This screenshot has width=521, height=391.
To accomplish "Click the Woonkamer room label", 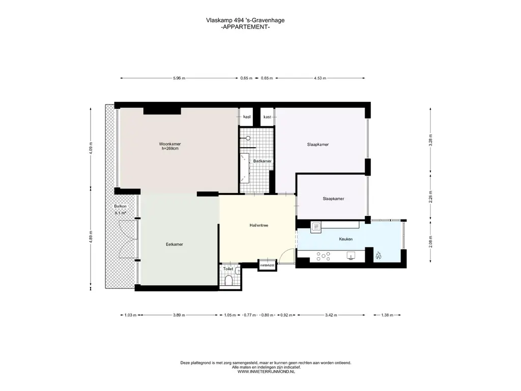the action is coord(170,144).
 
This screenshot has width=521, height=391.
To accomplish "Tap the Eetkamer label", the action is coord(175,244).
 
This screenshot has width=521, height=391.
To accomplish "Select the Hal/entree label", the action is coord(259,226).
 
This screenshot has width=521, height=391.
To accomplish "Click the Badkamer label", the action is coord(262,161).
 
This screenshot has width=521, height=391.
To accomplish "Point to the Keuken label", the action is coord(346,239).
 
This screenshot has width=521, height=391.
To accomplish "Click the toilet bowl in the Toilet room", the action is coord(228,281).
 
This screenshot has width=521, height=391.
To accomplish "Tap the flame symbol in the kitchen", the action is coord(378,256).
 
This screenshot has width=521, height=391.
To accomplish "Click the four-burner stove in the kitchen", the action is coord(323,256).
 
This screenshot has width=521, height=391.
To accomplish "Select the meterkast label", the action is coord(267,265).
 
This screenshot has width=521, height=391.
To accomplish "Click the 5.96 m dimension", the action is coord(179,78).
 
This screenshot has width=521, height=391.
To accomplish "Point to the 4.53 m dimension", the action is coord(320,78).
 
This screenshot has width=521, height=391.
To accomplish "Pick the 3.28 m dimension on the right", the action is coord(430,141).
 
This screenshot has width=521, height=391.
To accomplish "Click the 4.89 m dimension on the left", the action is coord(91,237).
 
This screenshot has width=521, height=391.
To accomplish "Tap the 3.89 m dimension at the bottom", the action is coord(179,315).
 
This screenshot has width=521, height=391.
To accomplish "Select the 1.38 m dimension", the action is coord(387,315).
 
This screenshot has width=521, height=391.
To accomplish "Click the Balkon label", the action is coord(120,206).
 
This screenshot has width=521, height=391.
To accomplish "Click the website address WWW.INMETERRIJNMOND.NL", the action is coord(266,372).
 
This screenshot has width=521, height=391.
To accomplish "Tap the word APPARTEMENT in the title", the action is coord(245,27).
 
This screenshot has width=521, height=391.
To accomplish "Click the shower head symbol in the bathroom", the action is coord(248,138).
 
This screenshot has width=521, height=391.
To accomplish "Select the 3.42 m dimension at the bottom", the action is coord(331,315).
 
